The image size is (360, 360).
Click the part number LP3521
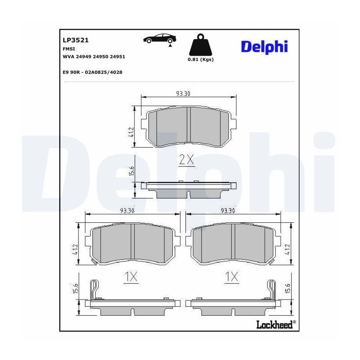76,40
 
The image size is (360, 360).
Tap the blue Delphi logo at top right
264,47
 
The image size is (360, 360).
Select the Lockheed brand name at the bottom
274,324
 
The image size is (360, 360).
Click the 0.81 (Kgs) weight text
201,60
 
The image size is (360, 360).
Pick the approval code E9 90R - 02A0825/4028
92,72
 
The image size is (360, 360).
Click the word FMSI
69,49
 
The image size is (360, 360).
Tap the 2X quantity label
187,159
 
